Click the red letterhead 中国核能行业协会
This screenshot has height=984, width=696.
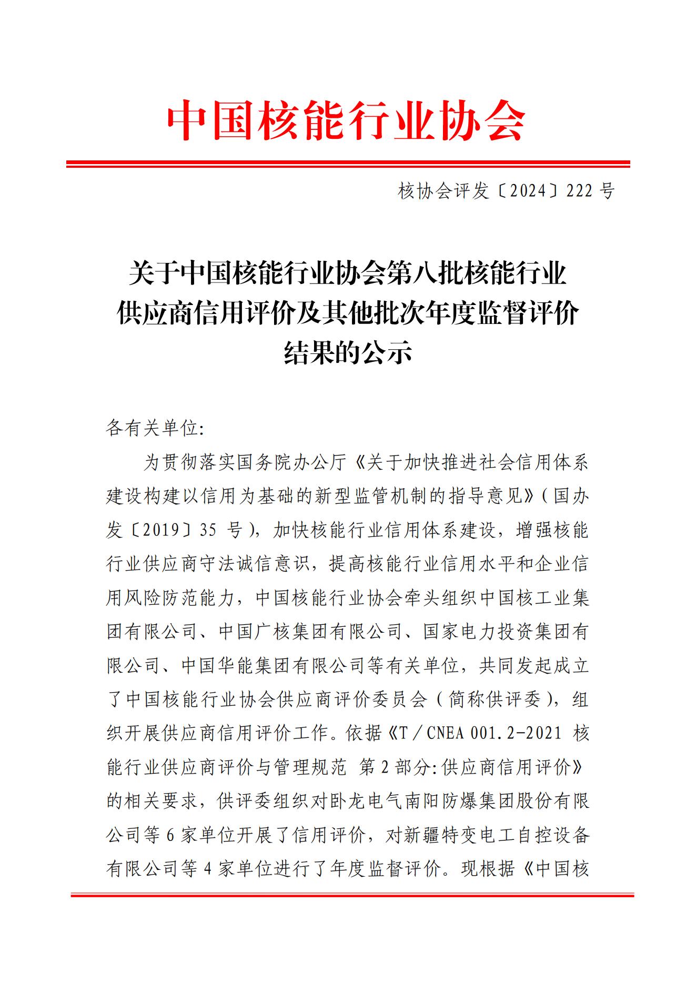pos(347,120)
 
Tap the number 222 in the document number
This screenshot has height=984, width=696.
pos(580,191)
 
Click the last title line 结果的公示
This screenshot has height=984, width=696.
pos(348,352)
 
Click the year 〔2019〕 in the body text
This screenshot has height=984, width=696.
pos(153,530)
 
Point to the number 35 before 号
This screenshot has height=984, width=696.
pos(208,530)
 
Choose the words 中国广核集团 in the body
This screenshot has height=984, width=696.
pos(274,631)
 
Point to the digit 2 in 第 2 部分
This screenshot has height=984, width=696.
pos(384,768)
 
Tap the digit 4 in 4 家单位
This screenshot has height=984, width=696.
pos(207,869)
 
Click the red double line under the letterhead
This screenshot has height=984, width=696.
pos(348,165)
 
